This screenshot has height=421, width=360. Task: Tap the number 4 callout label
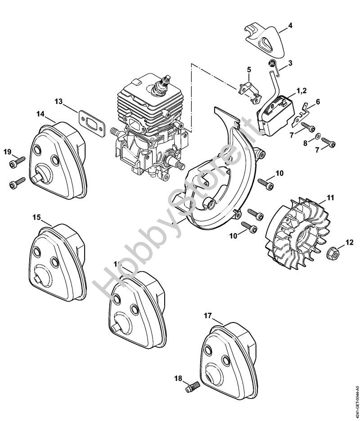[290, 25]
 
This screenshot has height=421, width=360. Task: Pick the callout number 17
[207, 316]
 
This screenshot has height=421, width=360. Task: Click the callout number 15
[36, 217]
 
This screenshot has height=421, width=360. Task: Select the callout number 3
[290, 63]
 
